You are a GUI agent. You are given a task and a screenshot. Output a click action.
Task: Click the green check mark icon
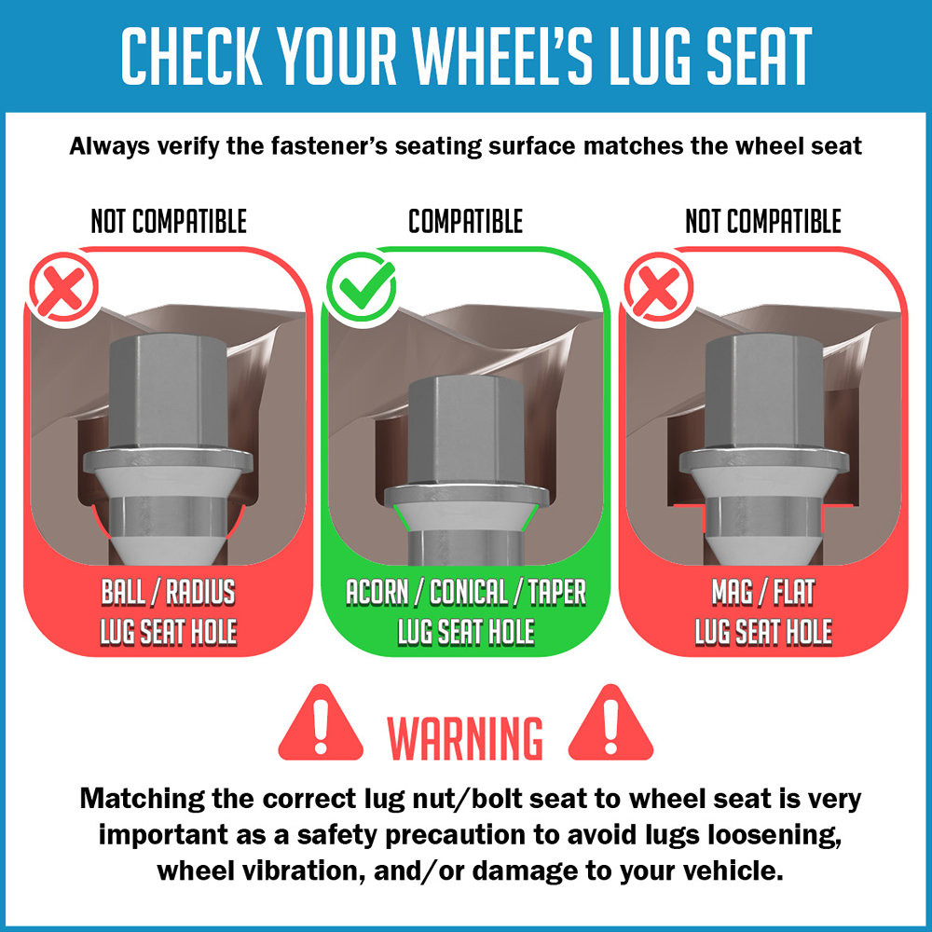pos(362,286)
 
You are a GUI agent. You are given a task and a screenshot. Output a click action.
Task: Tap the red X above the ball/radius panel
pos(64,286)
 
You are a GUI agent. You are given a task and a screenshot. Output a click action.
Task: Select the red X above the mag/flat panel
pos(659,286)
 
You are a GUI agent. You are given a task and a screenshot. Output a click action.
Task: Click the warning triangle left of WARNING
pos(321,723)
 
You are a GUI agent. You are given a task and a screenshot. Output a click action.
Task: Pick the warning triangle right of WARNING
pos(611,723)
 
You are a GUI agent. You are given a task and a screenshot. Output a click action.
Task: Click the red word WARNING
pos(465,737)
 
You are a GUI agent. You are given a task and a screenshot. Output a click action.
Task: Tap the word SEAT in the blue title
pos(759,56)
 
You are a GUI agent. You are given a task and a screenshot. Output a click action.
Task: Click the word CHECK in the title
pos(191,56)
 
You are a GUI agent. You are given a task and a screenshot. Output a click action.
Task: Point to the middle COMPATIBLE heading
pos(465,221)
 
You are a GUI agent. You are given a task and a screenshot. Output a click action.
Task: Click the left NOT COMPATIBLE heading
pos(169,221)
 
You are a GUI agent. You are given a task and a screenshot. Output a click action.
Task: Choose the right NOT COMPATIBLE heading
pos(763,221)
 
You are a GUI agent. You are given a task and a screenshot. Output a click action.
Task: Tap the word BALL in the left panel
pos(123,592)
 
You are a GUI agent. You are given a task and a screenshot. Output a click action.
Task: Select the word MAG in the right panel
pos(733,592)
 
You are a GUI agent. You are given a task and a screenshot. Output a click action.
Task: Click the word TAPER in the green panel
pos(557,592)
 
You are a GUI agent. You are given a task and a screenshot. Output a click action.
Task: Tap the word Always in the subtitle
pos(109,146)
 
